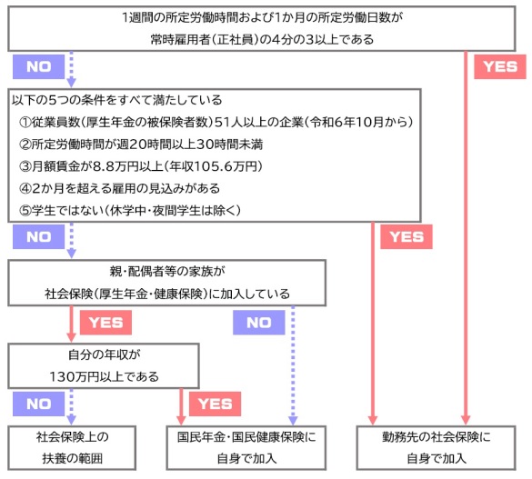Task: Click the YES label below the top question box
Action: tap(500, 66)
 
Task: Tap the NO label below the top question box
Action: tap(39, 66)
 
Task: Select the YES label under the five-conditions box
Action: tap(407, 236)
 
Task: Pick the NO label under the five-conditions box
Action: tap(39, 236)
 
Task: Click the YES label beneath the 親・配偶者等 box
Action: tap(105, 323)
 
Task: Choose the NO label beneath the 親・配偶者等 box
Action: tap(258, 323)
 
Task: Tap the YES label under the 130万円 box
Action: tap(215, 404)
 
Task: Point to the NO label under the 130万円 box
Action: tap(39, 404)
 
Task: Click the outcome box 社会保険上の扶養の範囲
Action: tap(72, 448)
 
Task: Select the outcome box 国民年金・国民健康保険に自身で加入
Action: tap(246, 448)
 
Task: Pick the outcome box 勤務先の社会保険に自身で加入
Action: tap(436, 448)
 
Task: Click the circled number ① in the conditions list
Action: tap(25, 123)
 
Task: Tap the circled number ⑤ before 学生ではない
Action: tap(25, 211)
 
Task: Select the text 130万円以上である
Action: tap(105, 376)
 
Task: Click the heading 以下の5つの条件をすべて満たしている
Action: tap(117, 100)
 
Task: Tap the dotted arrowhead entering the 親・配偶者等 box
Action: tap(71, 254)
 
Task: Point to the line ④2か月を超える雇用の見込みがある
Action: tap(119, 188)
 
